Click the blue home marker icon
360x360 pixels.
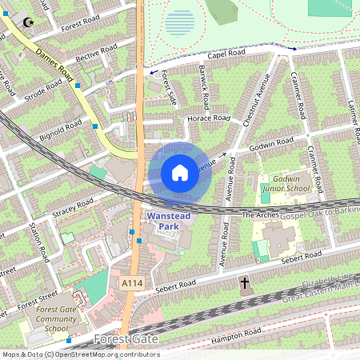click(x=180, y=172)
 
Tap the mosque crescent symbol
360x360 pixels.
click(x=30, y=23)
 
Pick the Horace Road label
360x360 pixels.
click(x=208, y=118)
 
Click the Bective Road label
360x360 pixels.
click(x=90, y=56)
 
